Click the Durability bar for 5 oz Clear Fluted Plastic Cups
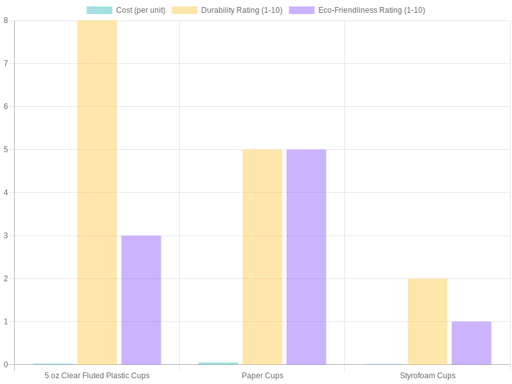(97, 192)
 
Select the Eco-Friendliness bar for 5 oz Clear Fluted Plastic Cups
(141, 300)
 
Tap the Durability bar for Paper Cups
(262, 257)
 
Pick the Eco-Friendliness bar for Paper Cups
(306, 257)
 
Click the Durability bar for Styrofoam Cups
(428, 321)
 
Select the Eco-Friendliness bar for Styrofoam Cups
(471, 343)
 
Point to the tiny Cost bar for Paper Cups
(218, 364)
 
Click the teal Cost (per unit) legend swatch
(99, 10)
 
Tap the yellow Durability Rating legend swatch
(184, 10)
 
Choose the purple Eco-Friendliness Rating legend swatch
(301, 10)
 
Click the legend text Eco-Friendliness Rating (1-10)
(371, 10)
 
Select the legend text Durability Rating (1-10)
(241, 10)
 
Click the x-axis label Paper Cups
(262, 376)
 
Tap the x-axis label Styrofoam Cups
(428, 376)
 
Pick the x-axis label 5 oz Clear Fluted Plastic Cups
(97, 376)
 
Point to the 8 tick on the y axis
(6, 20)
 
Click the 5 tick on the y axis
(6, 150)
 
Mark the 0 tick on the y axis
(6, 365)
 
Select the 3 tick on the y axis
(6, 236)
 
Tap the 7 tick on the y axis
(6, 63)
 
